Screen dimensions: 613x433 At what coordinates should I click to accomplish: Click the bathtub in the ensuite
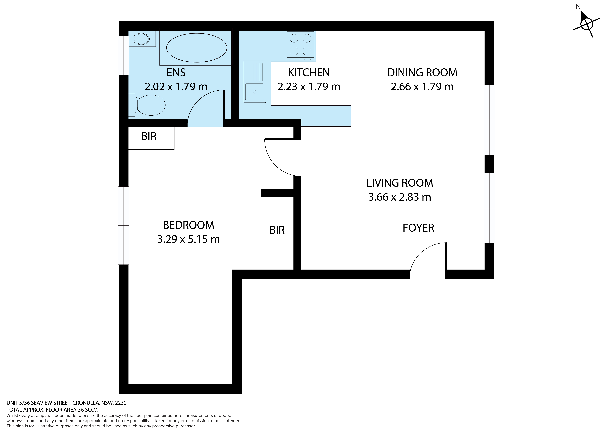(x=196, y=48)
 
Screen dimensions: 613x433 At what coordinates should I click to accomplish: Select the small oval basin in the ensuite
(x=141, y=39)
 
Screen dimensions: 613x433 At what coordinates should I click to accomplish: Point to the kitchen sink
(x=255, y=82)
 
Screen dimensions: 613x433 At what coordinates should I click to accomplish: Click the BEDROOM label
(x=188, y=225)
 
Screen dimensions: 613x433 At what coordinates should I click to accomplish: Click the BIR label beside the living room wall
(x=277, y=230)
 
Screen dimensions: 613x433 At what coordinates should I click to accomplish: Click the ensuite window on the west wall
(x=124, y=55)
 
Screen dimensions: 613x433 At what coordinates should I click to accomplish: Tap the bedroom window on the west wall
(x=124, y=225)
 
